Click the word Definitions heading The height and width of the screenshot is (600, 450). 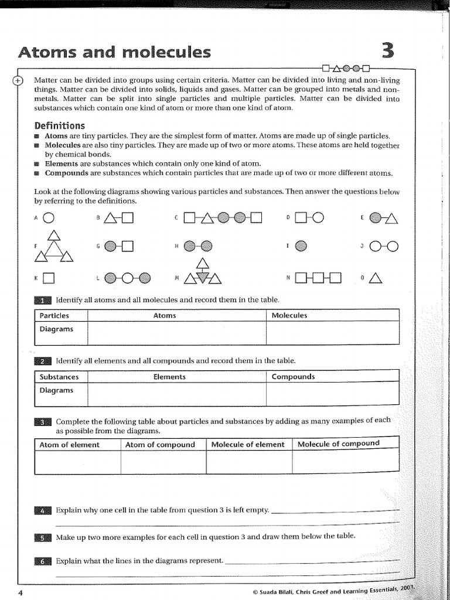59,125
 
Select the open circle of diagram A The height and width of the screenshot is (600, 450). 49,219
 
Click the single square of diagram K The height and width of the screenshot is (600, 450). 49,278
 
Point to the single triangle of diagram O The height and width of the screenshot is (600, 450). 376,278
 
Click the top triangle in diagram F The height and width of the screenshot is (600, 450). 54,236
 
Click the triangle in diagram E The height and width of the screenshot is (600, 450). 391,219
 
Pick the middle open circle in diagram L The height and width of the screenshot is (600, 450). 128,278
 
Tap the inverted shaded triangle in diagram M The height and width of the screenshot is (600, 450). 202,277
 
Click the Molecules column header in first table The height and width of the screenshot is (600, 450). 289,315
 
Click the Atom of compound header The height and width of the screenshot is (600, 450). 160,445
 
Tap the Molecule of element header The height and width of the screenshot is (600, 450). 248,445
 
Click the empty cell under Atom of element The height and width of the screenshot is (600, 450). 77,462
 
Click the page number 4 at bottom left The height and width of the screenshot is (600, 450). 20,593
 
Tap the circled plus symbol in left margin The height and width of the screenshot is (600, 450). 18,81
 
